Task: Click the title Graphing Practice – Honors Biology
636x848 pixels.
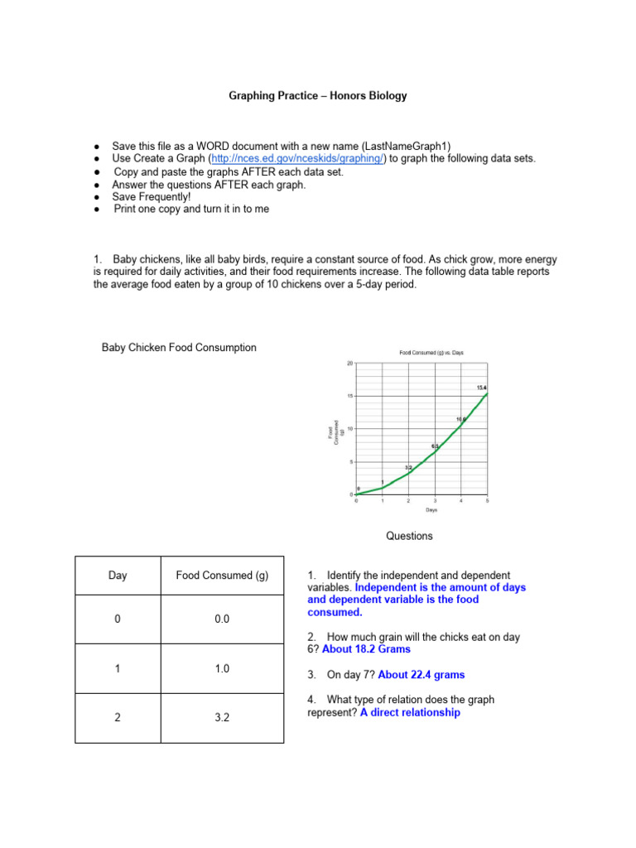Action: pos(318,96)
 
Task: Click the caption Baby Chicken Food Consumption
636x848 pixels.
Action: pos(179,348)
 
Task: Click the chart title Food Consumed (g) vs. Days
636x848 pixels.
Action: pos(431,353)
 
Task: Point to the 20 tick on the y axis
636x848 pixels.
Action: pos(350,364)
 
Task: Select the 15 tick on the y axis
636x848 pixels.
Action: pos(350,397)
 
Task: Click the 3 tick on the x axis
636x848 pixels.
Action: pos(435,502)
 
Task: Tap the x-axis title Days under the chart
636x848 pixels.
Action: pos(422,510)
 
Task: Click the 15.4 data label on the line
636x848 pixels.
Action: pos(481,388)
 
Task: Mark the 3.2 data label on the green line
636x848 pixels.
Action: pos(408,468)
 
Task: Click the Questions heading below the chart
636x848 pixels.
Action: pos(409,536)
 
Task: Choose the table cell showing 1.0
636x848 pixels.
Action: pos(221,668)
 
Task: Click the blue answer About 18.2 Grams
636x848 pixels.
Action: pos(366,649)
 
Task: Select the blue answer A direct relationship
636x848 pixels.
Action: pos(410,712)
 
